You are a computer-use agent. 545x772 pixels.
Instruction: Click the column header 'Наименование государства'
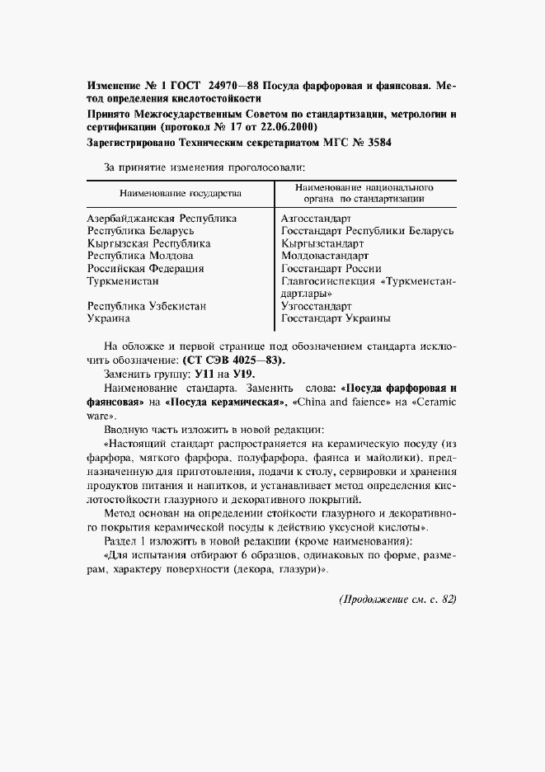[181, 193]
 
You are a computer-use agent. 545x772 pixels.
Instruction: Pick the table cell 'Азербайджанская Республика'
[162, 219]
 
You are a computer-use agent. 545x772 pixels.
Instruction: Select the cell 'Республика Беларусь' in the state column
[141, 231]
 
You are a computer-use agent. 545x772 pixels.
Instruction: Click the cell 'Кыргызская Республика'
[149, 243]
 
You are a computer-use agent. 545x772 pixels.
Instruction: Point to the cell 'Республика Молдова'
[140, 256]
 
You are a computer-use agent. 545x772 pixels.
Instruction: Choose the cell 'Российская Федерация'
[146, 268]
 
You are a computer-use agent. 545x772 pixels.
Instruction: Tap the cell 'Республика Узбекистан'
[147, 305]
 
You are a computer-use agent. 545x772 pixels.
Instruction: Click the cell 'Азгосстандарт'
[317, 219]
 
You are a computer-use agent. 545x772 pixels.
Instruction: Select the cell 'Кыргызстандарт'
[322, 243]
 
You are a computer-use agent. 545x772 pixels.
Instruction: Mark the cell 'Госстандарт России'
[331, 268]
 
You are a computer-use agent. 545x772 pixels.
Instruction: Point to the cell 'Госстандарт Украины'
[336, 318]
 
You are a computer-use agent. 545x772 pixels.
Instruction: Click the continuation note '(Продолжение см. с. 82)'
[397, 599]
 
